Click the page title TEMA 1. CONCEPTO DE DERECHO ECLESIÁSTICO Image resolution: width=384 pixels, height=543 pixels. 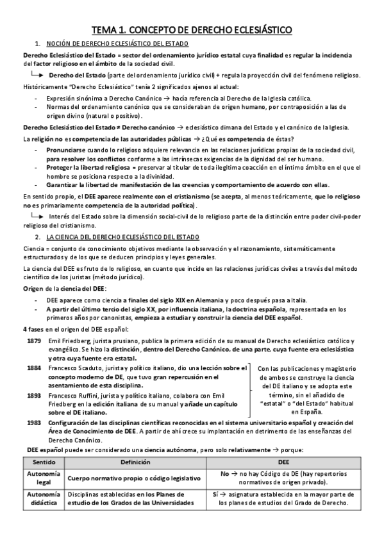(x=192, y=30)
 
